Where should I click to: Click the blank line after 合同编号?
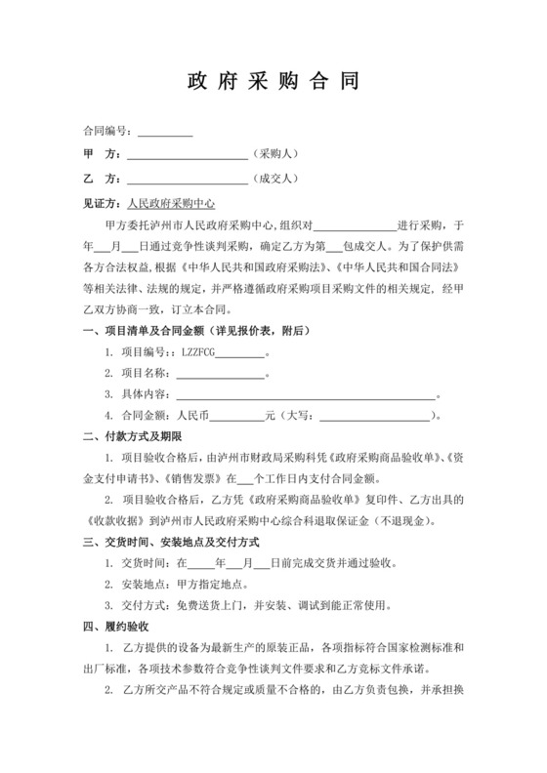(164, 131)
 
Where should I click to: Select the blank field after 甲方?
(188, 155)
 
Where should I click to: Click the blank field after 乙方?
(188, 180)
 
